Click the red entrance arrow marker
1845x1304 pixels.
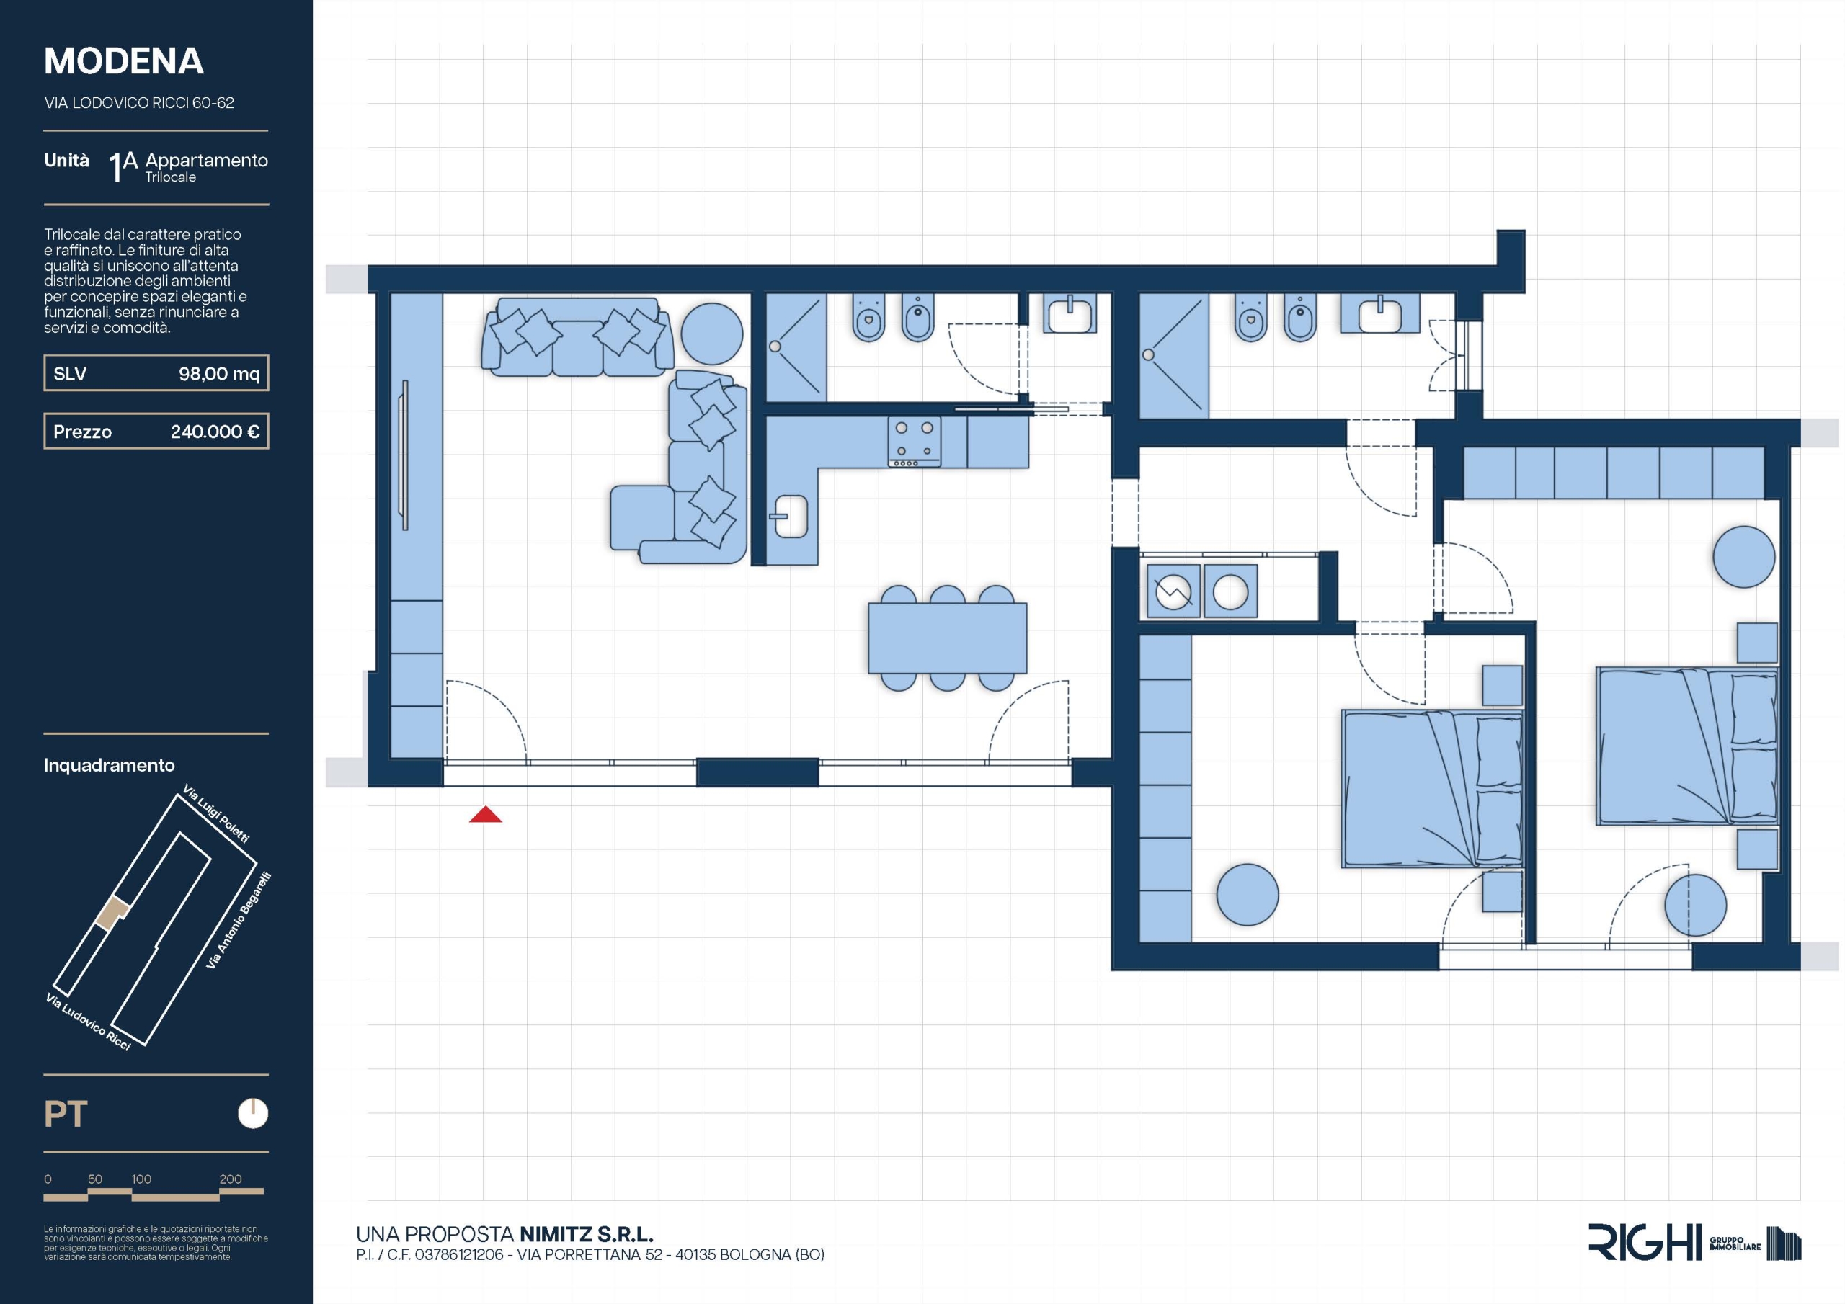(x=485, y=815)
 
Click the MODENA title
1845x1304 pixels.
(x=124, y=61)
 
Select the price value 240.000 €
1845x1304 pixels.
(x=215, y=432)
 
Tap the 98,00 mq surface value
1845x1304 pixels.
(x=219, y=374)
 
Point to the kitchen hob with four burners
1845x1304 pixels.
(x=915, y=441)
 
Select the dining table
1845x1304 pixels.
(x=948, y=638)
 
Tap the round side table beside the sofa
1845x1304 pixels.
(x=712, y=333)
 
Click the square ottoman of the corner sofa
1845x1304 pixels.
(x=642, y=517)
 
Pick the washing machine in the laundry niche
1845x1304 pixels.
(x=1173, y=593)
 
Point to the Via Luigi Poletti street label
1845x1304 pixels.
(x=216, y=813)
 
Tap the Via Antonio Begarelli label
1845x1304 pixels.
(x=239, y=920)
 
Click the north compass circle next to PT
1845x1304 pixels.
(x=253, y=1114)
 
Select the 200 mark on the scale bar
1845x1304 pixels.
(x=231, y=1179)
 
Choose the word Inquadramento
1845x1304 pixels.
(x=110, y=765)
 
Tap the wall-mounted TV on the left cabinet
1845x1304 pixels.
(x=405, y=455)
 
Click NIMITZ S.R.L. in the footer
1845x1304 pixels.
(x=587, y=1234)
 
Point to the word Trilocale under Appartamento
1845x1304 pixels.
(x=170, y=177)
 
